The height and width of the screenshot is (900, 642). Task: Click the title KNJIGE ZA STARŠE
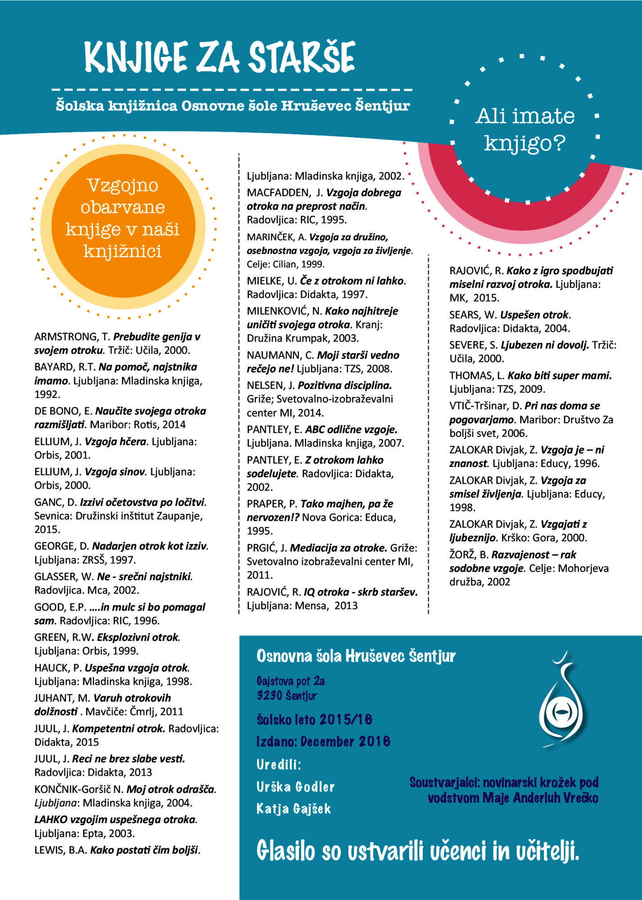coord(219,57)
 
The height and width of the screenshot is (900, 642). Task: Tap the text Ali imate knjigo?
coord(525,129)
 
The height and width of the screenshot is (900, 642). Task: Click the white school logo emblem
coord(563,699)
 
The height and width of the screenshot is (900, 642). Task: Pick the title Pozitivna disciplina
coord(344,385)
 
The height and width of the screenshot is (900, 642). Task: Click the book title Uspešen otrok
coord(535,315)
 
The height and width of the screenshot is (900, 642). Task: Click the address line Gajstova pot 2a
coord(290,681)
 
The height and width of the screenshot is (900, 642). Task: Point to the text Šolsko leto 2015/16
coord(314,720)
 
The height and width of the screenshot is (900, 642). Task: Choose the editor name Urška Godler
coord(295,787)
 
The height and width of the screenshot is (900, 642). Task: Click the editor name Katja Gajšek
coord(294,809)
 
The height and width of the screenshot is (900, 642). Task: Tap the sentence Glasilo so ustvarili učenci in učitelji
coord(417,851)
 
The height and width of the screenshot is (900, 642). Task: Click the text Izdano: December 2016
coord(323,741)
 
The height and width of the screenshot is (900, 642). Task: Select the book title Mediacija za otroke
coord(339,548)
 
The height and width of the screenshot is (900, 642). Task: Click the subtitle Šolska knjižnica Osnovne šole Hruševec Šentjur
coord(232,106)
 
